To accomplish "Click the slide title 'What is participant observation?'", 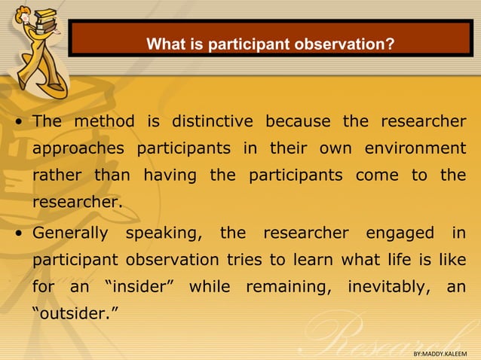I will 270,44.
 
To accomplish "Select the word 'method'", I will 105,121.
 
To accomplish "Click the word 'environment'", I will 415,148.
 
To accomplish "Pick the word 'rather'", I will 57,175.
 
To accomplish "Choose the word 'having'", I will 169,175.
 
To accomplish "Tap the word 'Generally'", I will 70,233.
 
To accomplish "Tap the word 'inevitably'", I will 387,287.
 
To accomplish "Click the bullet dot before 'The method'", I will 17,123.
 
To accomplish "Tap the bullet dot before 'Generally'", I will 17,234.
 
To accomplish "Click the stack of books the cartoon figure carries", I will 45,17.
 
